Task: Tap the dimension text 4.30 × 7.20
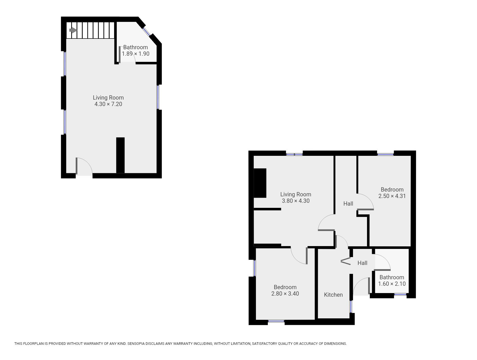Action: pyautogui.click(x=108, y=104)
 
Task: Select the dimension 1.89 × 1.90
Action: pyautogui.click(x=136, y=54)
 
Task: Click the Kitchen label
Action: pyautogui.click(x=333, y=295)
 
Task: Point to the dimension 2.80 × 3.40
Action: pyautogui.click(x=285, y=294)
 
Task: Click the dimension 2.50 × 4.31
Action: pyautogui.click(x=392, y=196)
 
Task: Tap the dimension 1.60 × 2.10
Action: pyautogui.click(x=392, y=284)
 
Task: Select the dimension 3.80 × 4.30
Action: pyautogui.click(x=296, y=201)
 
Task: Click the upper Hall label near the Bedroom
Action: pyautogui.click(x=348, y=204)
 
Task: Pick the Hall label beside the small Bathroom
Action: pyautogui.click(x=362, y=263)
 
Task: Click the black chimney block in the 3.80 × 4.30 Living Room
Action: pyautogui.click(x=260, y=183)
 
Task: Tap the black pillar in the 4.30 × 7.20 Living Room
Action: pyautogui.click(x=120, y=155)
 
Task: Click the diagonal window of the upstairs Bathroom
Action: pyautogui.click(x=147, y=31)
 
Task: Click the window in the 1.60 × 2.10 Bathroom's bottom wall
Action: pyautogui.click(x=400, y=294)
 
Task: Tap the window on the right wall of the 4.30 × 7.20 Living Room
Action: pyautogui.click(x=158, y=97)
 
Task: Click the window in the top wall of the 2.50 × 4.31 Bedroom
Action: pyautogui.click(x=385, y=154)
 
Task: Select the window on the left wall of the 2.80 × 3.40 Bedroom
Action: pyautogui.click(x=255, y=268)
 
